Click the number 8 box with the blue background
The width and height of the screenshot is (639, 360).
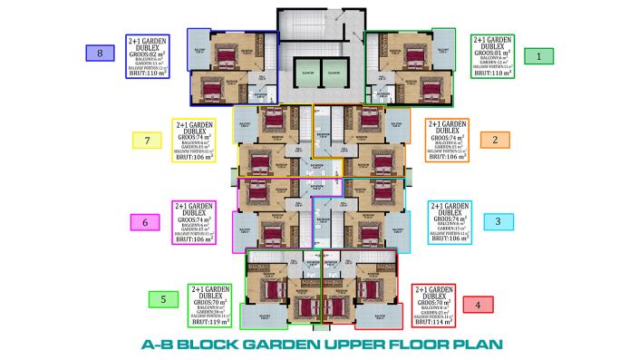point(100,54)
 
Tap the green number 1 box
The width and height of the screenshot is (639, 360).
point(540,56)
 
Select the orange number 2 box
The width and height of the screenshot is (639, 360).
point(495,140)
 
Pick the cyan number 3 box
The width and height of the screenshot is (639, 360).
point(498,221)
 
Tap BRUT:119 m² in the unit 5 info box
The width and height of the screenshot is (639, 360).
point(210,322)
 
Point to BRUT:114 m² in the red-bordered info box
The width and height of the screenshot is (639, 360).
point(433,322)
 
